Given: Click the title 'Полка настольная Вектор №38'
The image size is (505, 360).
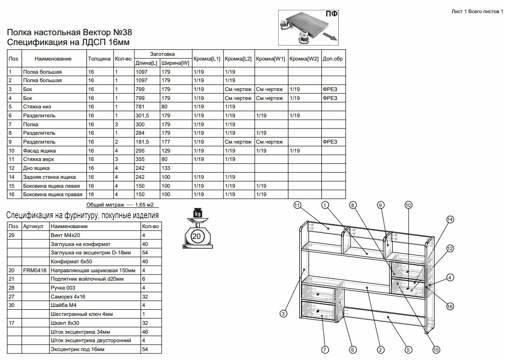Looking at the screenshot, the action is (x=69, y=32).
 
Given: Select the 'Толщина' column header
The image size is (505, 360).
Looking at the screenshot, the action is (x=99, y=59).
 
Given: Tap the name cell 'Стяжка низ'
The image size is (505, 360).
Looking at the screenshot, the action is (x=37, y=107).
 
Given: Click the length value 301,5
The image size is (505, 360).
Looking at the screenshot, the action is (x=142, y=115).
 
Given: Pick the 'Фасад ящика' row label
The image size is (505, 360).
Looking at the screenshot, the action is (x=39, y=151).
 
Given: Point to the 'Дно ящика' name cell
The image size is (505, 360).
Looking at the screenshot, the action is (x=36, y=168).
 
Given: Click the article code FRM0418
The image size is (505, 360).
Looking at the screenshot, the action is (x=34, y=270).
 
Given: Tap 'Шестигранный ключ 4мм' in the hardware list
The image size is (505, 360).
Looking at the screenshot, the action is (x=81, y=314).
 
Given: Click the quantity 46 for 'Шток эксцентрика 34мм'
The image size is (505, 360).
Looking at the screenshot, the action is (x=145, y=332).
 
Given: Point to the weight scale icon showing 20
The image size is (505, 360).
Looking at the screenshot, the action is (x=197, y=228).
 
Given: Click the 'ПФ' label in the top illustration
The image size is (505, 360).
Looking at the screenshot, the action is (x=331, y=14).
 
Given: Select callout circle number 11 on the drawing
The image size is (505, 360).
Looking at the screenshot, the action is (x=297, y=205).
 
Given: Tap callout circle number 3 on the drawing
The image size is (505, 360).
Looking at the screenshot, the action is (x=283, y=314).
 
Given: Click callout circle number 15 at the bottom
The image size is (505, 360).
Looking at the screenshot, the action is (x=436, y=350).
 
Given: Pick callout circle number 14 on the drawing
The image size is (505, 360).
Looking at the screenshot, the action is (x=450, y=219).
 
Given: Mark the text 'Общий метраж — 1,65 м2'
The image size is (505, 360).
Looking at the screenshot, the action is (x=120, y=205).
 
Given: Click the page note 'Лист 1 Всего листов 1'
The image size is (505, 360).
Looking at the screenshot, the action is (x=477, y=12).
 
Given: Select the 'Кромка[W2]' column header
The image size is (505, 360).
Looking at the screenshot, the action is (x=304, y=59).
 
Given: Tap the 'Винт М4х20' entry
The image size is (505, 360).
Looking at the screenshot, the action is (x=65, y=235).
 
